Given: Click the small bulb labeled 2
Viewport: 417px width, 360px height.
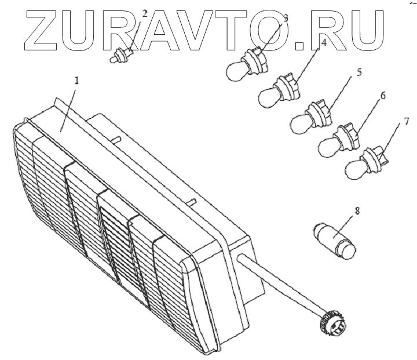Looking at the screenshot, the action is coord(120,56).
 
